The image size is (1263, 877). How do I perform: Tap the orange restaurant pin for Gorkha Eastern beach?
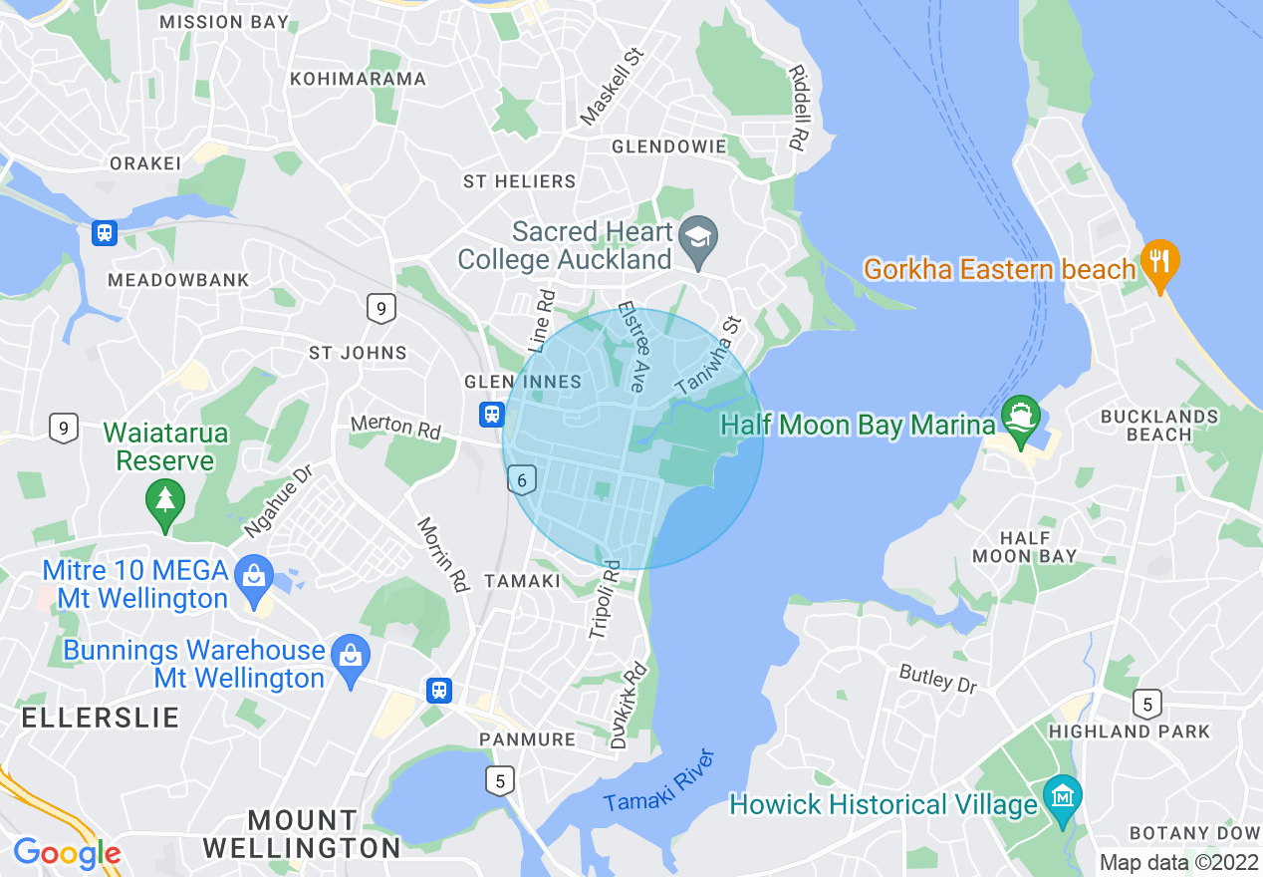[x=1158, y=262]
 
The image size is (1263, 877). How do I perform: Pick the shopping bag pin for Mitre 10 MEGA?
[x=255, y=576]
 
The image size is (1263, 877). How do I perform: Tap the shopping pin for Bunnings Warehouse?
[x=351, y=657]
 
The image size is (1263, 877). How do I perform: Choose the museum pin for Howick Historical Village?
[x=1063, y=797]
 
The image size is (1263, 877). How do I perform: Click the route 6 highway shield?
[x=522, y=480]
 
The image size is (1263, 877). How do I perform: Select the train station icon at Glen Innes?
[x=491, y=413]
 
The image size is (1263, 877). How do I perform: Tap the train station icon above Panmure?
[x=439, y=690]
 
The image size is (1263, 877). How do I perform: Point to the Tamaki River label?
[x=659, y=779]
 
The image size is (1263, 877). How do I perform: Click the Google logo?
[x=67, y=853]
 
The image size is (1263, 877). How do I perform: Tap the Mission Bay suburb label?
[x=224, y=21]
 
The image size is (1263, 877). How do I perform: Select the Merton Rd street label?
[x=395, y=427]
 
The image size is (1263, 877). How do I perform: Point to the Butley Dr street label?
[x=938, y=679]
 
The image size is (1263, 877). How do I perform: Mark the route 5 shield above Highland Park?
[x=1147, y=705]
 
